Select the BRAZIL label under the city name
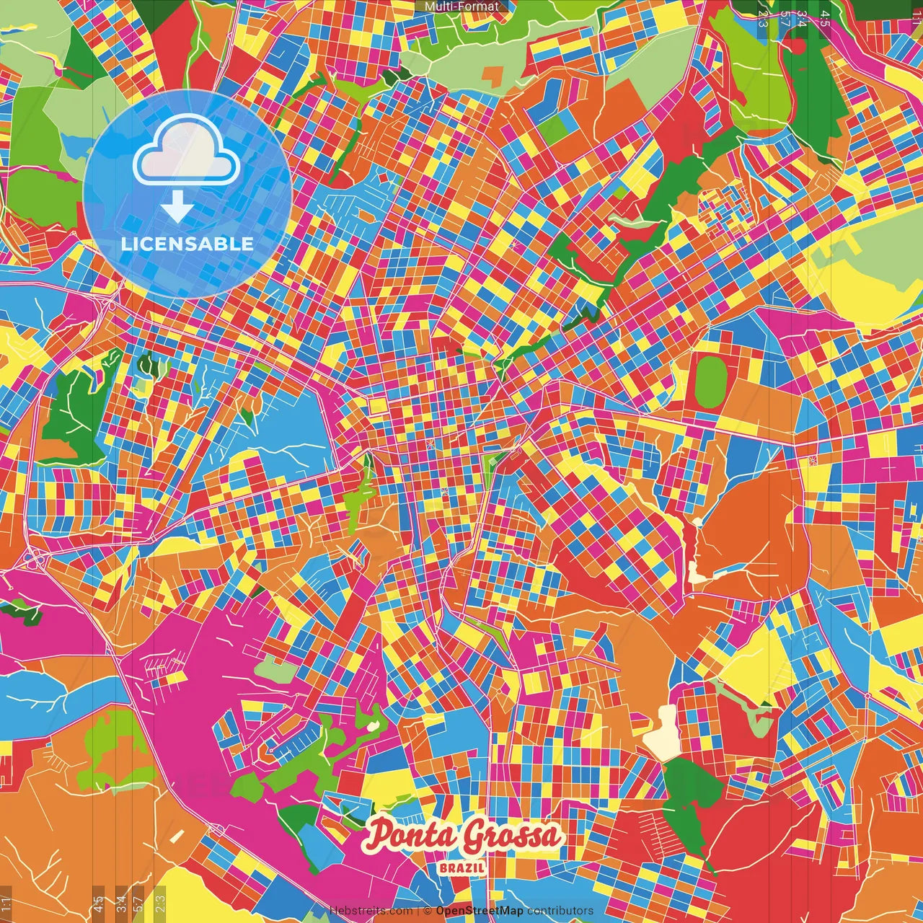point(462,867)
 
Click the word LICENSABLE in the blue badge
point(187,244)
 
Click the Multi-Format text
point(461,6)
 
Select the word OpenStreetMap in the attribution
point(480,911)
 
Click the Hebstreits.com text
point(371,911)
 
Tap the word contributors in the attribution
point(560,911)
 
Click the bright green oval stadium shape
point(711,379)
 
